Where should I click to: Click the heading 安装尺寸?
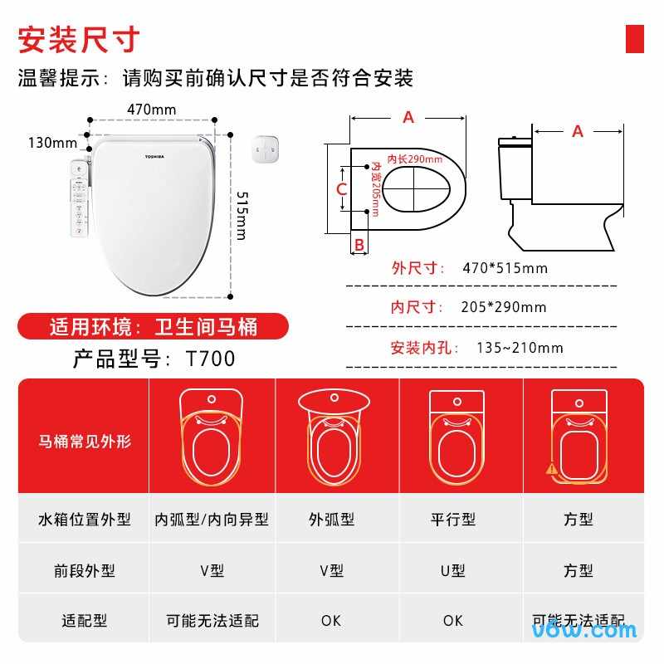(79, 39)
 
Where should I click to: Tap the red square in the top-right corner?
(634, 39)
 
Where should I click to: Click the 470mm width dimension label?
(152, 110)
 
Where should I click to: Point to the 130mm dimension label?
(52, 143)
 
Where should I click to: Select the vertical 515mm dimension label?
(241, 215)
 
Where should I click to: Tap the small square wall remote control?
(266, 150)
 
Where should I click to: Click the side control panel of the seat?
(79, 198)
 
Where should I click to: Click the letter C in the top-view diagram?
(341, 189)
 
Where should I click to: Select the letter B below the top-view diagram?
(359, 244)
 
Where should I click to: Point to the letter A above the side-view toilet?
(578, 131)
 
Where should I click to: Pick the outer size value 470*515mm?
(505, 268)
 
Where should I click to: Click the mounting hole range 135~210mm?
(520, 348)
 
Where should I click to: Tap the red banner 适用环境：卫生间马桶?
(154, 326)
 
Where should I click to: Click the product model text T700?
(210, 359)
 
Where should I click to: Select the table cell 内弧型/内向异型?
(212, 520)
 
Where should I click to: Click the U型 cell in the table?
(453, 570)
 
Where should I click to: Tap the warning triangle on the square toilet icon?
(552, 468)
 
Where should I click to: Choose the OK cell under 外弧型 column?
(332, 620)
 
